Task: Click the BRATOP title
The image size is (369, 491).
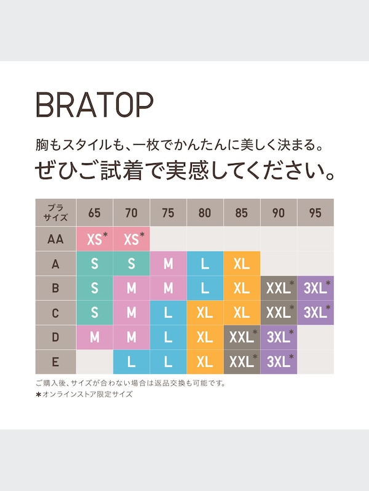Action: (94, 106)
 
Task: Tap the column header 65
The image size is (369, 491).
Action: (94, 213)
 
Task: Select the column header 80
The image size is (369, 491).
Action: (205, 213)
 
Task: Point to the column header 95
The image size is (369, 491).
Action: (315, 213)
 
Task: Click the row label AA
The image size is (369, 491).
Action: (55, 239)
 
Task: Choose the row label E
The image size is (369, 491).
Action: (55, 362)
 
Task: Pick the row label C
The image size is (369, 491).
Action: (55, 313)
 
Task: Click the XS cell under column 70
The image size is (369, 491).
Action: (132, 239)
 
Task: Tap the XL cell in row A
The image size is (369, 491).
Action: (242, 264)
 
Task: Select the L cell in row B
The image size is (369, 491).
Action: (205, 288)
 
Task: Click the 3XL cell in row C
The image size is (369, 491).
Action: (315, 313)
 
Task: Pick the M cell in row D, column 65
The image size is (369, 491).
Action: (94, 338)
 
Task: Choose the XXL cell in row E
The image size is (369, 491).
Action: (242, 362)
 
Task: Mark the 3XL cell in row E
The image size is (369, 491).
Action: (279, 362)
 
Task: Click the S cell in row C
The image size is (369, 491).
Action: (94, 313)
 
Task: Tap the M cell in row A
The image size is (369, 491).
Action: (168, 264)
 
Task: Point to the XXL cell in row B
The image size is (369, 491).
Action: (279, 288)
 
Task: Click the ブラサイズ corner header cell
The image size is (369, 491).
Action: (55, 213)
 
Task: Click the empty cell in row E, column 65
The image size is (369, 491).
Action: (94, 362)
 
